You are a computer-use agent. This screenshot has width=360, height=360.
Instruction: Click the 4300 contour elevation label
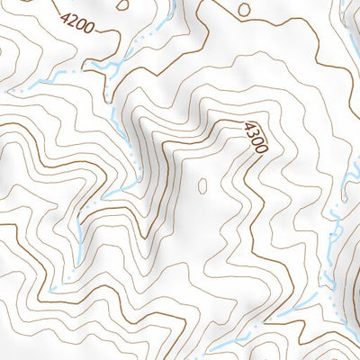pyautogui.click(x=256, y=137)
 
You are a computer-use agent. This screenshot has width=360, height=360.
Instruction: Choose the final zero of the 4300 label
pyautogui.click(x=261, y=148)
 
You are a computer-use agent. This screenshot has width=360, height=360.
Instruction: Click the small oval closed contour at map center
pyautogui.click(x=202, y=185)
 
